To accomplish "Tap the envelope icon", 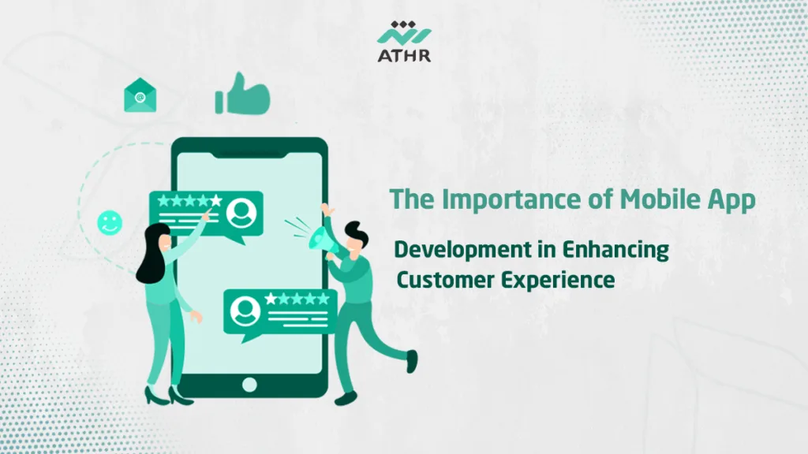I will pos(140,96).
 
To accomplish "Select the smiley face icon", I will pos(110,222).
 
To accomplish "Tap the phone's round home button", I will pos(249,385).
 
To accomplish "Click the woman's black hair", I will pos(152,252).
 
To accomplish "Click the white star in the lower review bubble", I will pos(271,299).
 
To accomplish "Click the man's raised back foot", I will pos(411,362).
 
